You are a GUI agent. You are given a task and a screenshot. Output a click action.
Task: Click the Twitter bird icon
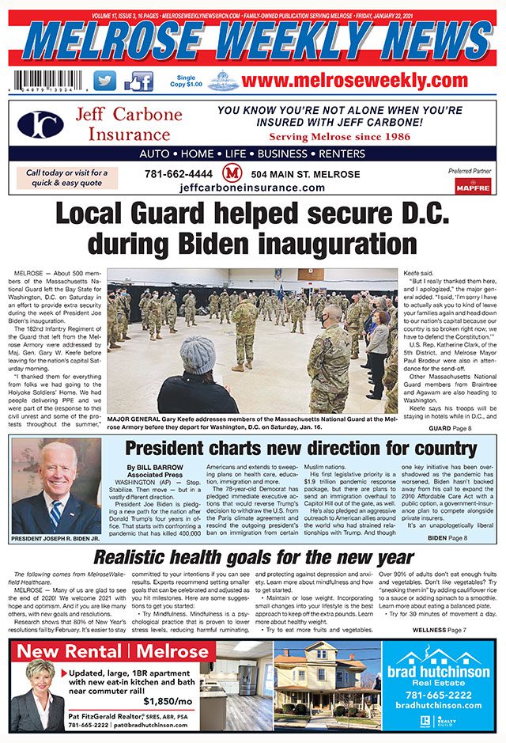[104, 82]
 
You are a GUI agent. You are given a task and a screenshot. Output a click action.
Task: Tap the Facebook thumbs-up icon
[138, 82]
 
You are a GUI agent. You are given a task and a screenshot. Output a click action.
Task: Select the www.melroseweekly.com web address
[355, 82]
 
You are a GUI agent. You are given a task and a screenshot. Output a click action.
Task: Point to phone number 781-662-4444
[179, 174]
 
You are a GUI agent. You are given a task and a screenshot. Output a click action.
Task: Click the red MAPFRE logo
[472, 185]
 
